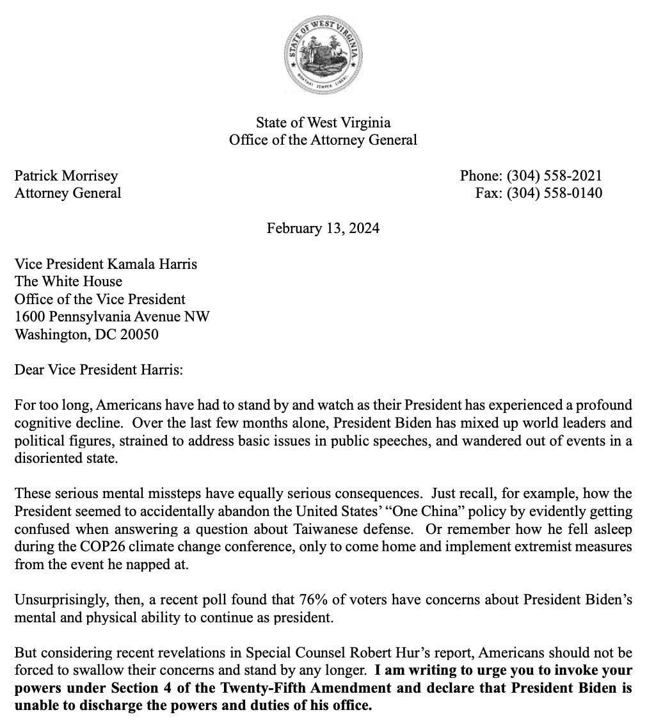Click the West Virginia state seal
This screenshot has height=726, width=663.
pyautogui.click(x=323, y=53)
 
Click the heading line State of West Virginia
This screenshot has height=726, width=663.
pyautogui.click(x=323, y=122)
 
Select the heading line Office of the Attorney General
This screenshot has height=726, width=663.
pyautogui.click(x=323, y=140)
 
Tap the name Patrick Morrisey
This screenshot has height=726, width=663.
pyautogui.click(x=66, y=175)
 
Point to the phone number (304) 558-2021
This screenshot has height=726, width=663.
pyautogui.click(x=554, y=175)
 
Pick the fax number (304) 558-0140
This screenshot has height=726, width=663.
pyautogui.click(x=554, y=193)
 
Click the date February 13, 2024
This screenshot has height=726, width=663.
pyautogui.click(x=323, y=228)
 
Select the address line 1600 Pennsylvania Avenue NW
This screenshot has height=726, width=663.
pyautogui.click(x=112, y=316)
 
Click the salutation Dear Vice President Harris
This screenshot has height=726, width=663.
pyautogui.click(x=99, y=369)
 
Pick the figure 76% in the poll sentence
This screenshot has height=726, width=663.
pyautogui.click(x=314, y=600)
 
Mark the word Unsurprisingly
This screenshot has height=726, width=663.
pyautogui.click(x=56, y=600)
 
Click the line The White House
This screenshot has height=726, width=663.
pyautogui.click(x=68, y=281)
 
